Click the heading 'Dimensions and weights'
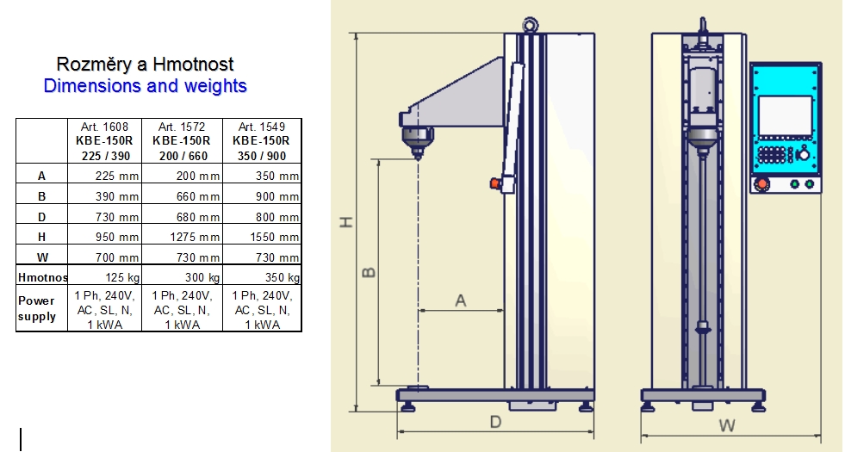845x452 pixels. click(x=145, y=85)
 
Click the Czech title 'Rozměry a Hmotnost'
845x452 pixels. click(x=145, y=64)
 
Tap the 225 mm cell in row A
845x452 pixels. click(x=117, y=176)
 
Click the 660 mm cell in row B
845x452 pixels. click(x=198, y=196)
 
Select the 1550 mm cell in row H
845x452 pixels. click(x=274, y=237)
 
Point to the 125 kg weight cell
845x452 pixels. click(x=122, y=277)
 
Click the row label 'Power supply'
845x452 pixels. click(x=37, y=309)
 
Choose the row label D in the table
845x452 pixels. click(x=41, y=217)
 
